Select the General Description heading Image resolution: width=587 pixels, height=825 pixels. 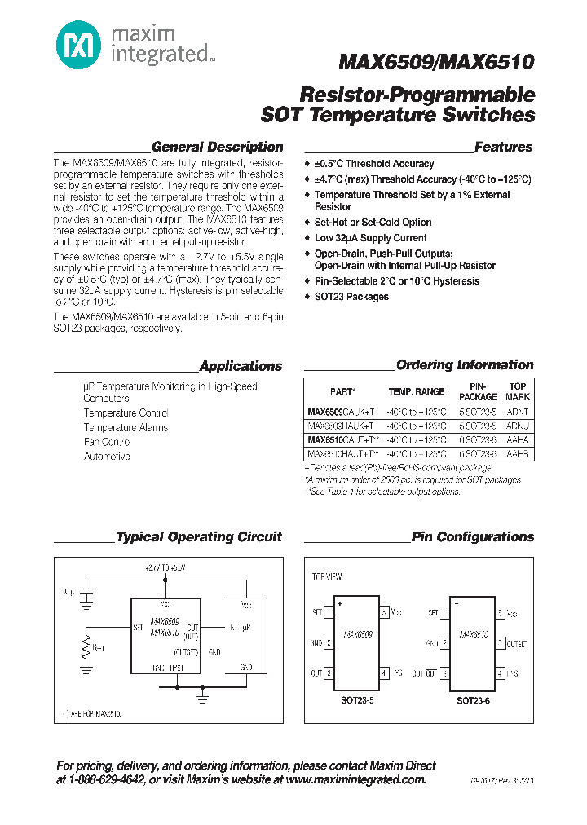click(218, 148)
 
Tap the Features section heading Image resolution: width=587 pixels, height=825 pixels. click(503, 148)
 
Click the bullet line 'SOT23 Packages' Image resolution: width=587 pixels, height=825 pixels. click(351, 297)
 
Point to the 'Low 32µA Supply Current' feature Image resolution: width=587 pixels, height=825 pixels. click(370, 238)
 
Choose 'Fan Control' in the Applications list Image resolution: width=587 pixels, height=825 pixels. click(107, 442)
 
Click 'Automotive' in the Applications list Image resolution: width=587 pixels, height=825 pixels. click(107, 457)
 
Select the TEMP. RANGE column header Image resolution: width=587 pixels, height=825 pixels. click(416, 391)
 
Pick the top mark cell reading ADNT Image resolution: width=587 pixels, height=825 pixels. click(517, 412)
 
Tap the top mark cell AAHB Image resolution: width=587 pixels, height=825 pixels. click(517, 453)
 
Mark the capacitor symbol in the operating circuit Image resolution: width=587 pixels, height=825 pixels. click(86, 593)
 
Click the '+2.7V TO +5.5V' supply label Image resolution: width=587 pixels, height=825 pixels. click(166, 567)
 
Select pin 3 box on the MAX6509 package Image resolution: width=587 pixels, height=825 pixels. click(328, 673)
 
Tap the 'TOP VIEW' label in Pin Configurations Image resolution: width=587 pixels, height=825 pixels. click(328, 576)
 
